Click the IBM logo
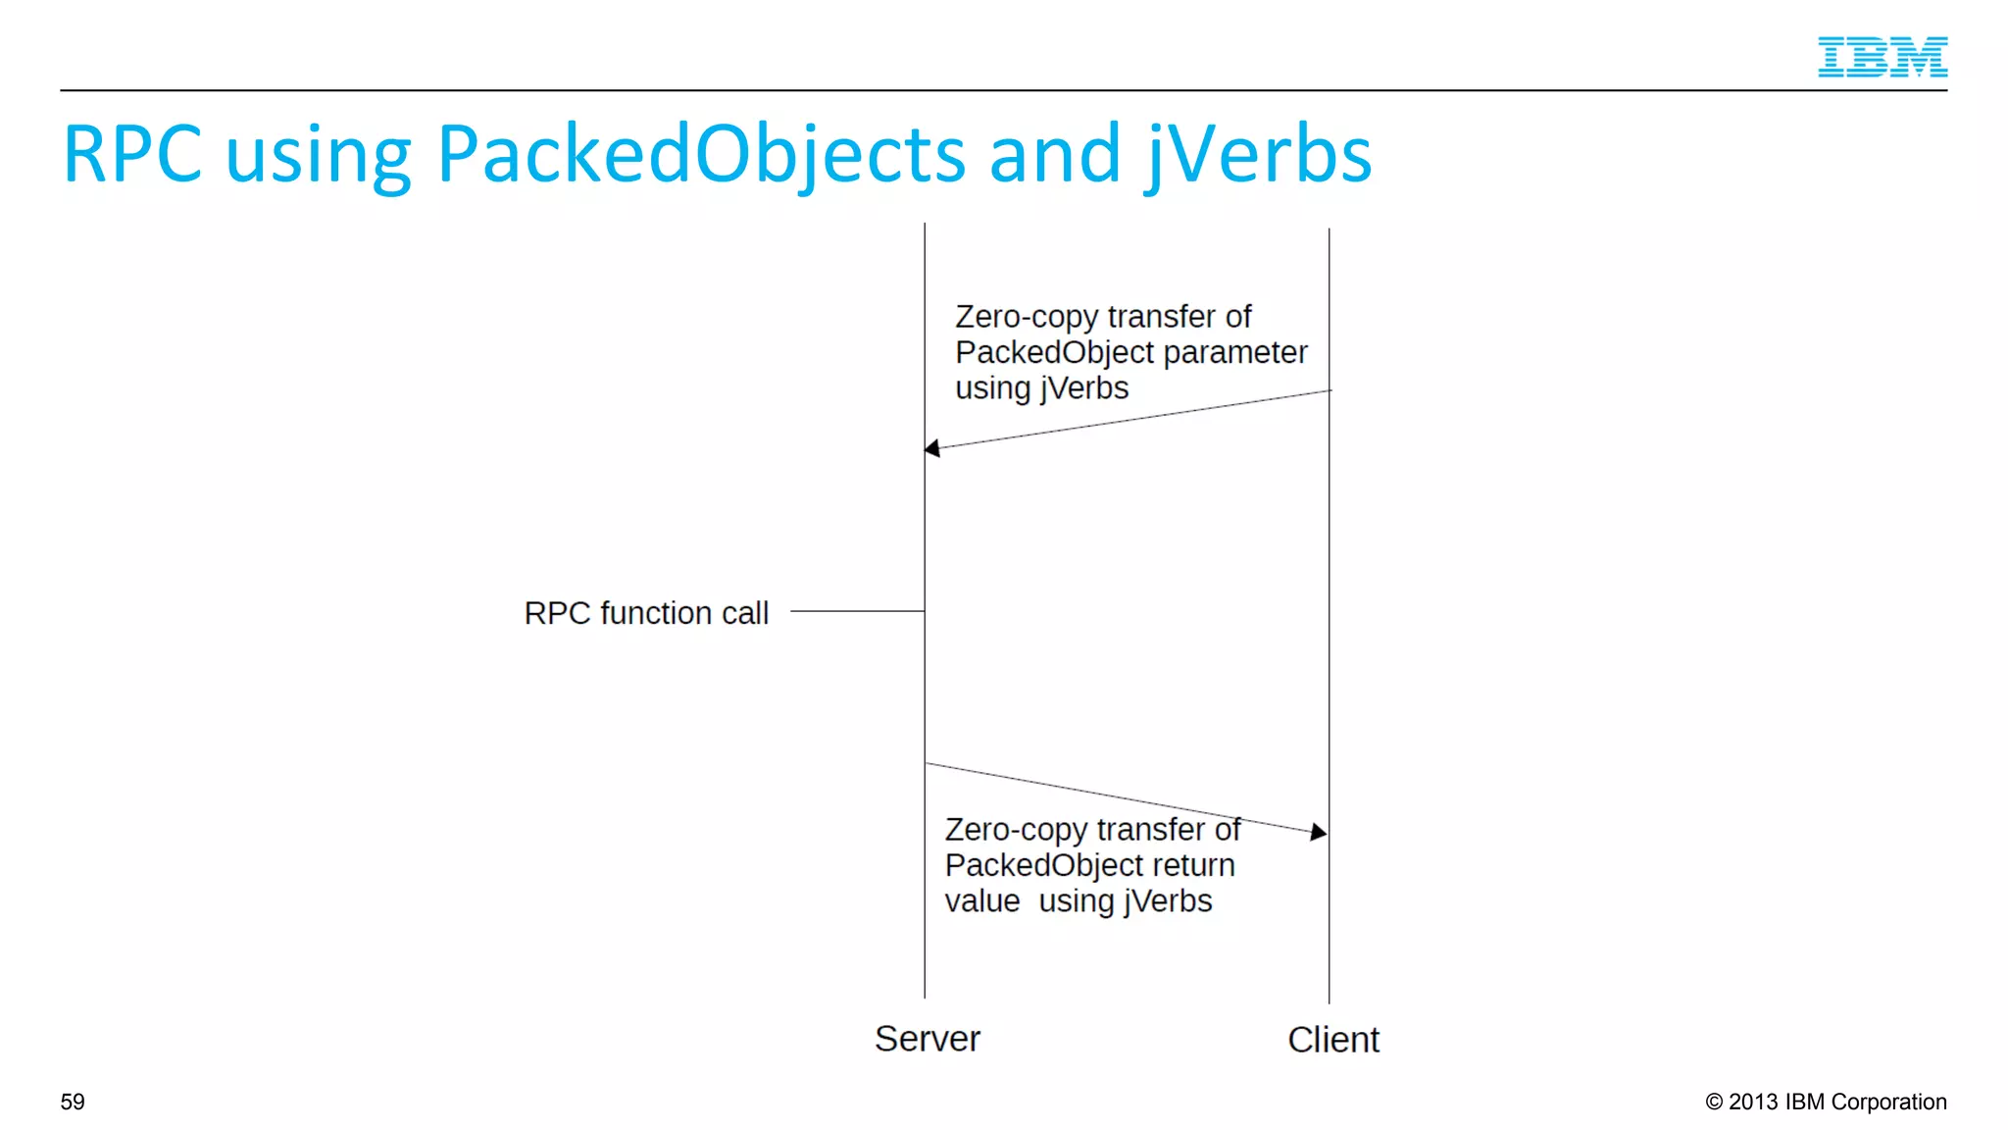(x=1882, y=57)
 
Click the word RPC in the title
(x=131, y=154)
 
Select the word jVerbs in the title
(x=1259, y=155)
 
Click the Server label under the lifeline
(x=927, y=1039)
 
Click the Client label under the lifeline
(x=1332, y=1040)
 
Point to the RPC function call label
(x=646, y=613)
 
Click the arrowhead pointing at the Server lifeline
(x=932, y=448)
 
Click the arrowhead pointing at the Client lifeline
(x=1319, y=832)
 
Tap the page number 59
(x=73, y=1102)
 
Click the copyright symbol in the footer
(x=1714, y=1102)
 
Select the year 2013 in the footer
(x=1753, y=1102)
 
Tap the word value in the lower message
(x=981, y=901)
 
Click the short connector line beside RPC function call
(x=856, y=611)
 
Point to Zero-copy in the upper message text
(x=1026, y=318)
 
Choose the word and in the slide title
(x=1055, y=155)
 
